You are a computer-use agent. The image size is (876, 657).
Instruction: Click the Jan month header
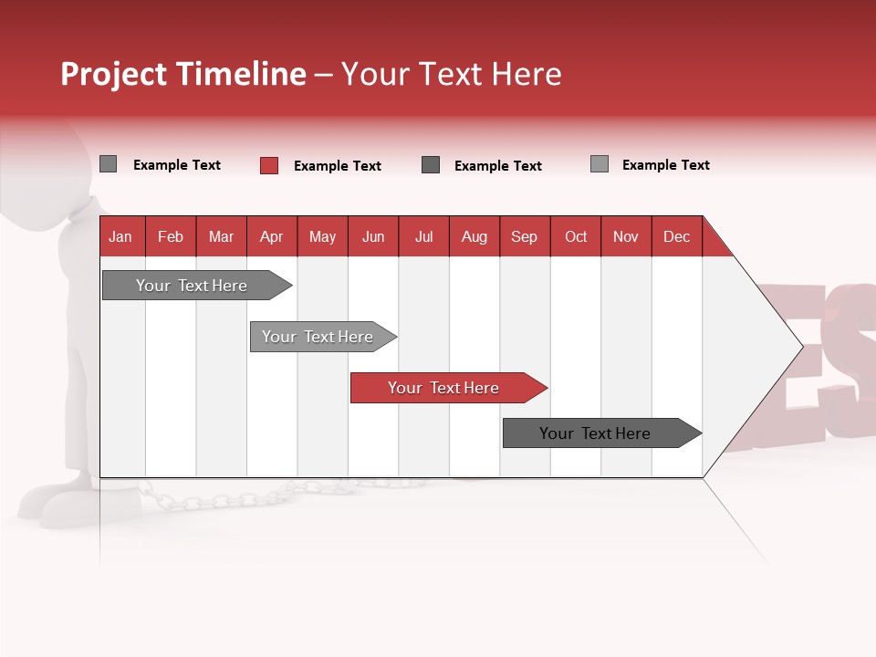point(120,236)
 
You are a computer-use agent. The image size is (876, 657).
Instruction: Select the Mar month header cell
point(221,236)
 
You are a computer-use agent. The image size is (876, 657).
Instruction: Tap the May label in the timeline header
point(322,236)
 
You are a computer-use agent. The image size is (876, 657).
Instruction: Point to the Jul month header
point(423,236)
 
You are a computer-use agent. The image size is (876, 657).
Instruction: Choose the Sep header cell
point(524,236)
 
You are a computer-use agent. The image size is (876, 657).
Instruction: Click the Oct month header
point(576,236)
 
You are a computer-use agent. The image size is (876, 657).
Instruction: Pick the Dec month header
point(676,236)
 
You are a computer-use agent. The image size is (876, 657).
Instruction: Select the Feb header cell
point(171,236)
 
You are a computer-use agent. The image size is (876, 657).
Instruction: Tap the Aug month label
point(474,236)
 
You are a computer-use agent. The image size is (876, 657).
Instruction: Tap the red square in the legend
point(269,165)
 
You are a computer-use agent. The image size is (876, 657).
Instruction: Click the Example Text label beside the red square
point(337,166)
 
